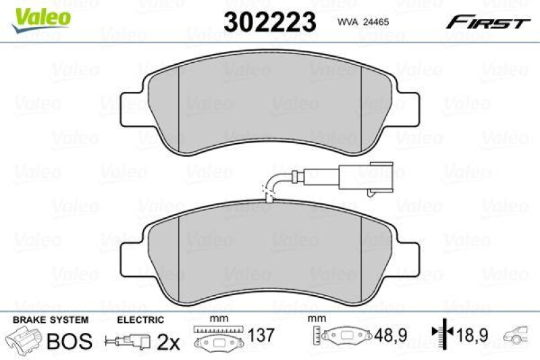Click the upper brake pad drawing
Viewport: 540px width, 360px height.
270,105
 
